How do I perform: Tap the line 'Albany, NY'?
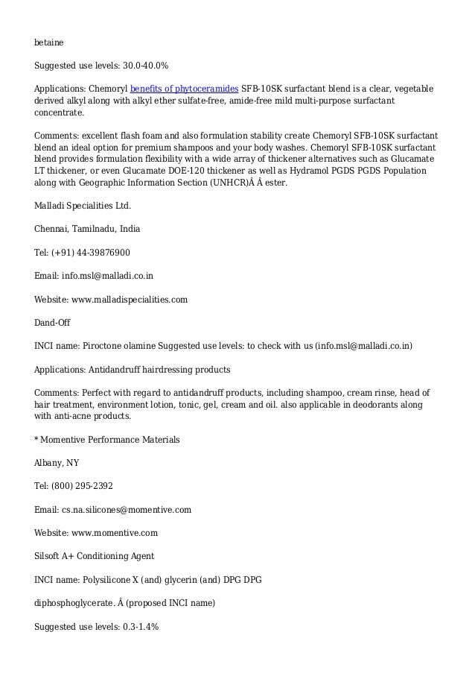click(x=57, y=463)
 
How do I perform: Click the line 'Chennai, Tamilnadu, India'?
click(x=87, y=228)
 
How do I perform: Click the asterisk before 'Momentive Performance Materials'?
click(x=37, y=440)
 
